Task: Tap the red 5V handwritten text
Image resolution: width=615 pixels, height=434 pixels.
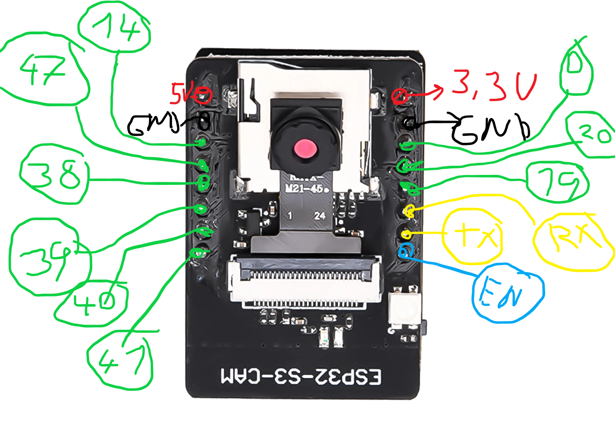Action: click(x=181, y=93)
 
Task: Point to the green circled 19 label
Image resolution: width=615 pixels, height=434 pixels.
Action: click(x=557, y=182)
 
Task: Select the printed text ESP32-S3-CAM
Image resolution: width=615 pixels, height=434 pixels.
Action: click(x=301, y=376)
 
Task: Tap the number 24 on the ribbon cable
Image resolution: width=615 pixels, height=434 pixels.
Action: click(x=320, y=216)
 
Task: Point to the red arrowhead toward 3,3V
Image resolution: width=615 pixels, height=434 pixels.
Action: click(x=439, y=90)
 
